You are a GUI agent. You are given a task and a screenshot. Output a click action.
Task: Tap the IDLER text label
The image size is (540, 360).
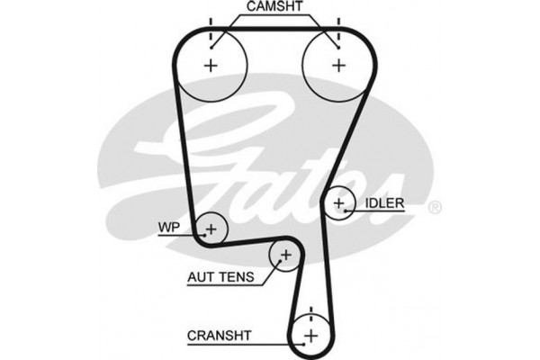386,203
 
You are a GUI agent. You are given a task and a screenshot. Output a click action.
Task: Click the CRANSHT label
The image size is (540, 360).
220,336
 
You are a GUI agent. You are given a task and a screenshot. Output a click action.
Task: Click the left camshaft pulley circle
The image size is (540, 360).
212,65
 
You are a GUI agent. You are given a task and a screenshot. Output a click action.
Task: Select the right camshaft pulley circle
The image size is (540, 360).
337,65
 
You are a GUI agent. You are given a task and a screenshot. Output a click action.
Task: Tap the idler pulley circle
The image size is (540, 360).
340,203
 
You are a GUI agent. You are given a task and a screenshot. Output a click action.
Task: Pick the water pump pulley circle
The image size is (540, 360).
211,229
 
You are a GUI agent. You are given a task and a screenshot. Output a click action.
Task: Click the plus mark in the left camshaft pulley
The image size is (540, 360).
212,65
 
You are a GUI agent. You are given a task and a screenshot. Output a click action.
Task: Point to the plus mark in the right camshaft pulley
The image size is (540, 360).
338,65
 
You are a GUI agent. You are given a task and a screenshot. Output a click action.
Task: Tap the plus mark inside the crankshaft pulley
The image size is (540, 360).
310,337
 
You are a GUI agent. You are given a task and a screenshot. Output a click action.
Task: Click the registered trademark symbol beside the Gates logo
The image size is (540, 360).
435,208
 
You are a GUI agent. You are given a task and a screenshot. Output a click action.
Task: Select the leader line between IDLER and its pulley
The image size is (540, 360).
355,210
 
